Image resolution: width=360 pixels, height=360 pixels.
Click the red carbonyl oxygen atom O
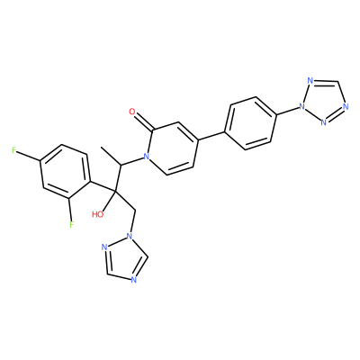[x=132, y=112]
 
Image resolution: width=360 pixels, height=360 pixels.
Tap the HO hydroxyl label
[x=98, y=214]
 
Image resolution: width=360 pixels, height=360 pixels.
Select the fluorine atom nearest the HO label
[x=71, y=224]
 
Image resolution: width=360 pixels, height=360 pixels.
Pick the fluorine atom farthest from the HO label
[x=13, y=150]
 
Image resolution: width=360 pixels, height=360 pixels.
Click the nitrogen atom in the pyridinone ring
[x=146, y=156]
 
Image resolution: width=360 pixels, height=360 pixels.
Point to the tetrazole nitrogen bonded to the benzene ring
[x=301, y=106]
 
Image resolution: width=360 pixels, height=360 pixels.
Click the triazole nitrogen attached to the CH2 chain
[x=130, y=236]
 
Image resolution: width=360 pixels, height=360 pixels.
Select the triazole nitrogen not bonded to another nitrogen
[x=134, y=280]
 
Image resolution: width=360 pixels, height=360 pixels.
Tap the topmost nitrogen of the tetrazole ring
[x=310, y=81]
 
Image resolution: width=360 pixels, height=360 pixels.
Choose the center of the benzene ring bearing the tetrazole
[x=250, y=123]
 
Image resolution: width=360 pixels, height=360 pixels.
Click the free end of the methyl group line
[x=101, y=148]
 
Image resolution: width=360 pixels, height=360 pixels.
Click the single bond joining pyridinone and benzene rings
[x=211, y=136]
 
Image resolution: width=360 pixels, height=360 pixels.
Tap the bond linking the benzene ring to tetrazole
[x=287, y=110]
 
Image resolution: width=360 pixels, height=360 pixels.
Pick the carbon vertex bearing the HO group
[x=114, y=190]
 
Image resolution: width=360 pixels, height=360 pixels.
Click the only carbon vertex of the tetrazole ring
[x=338, y=82]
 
